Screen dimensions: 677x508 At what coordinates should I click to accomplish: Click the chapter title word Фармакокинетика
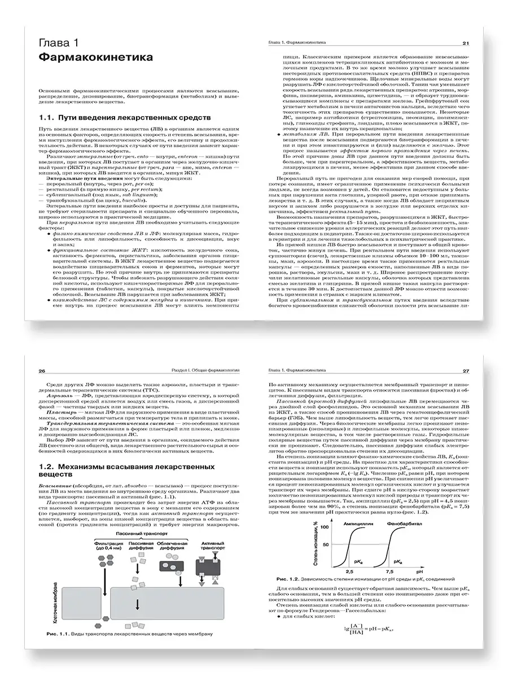[x=94, y=58]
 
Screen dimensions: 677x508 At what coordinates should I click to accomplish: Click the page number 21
[x=466, y=43]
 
